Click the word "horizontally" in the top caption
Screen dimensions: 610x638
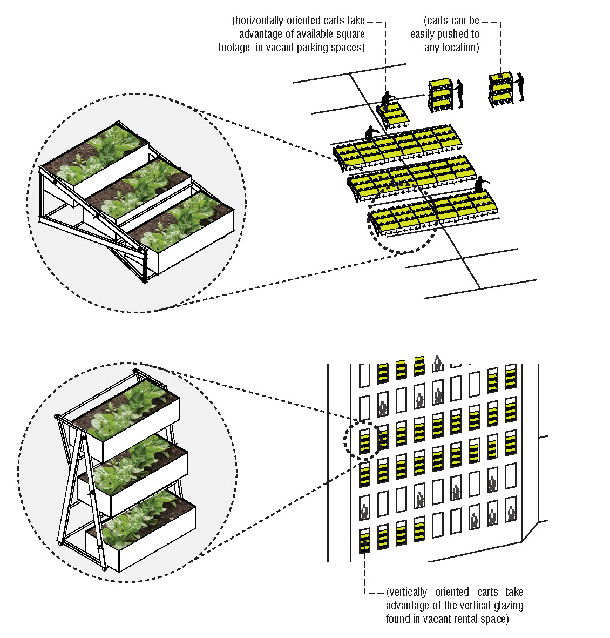259,21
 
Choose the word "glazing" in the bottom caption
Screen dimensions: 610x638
509,606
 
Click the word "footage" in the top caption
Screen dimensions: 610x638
234,48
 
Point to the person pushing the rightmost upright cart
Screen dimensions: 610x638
519,86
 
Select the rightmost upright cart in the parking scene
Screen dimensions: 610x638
501,90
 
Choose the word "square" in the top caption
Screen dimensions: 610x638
350,34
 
